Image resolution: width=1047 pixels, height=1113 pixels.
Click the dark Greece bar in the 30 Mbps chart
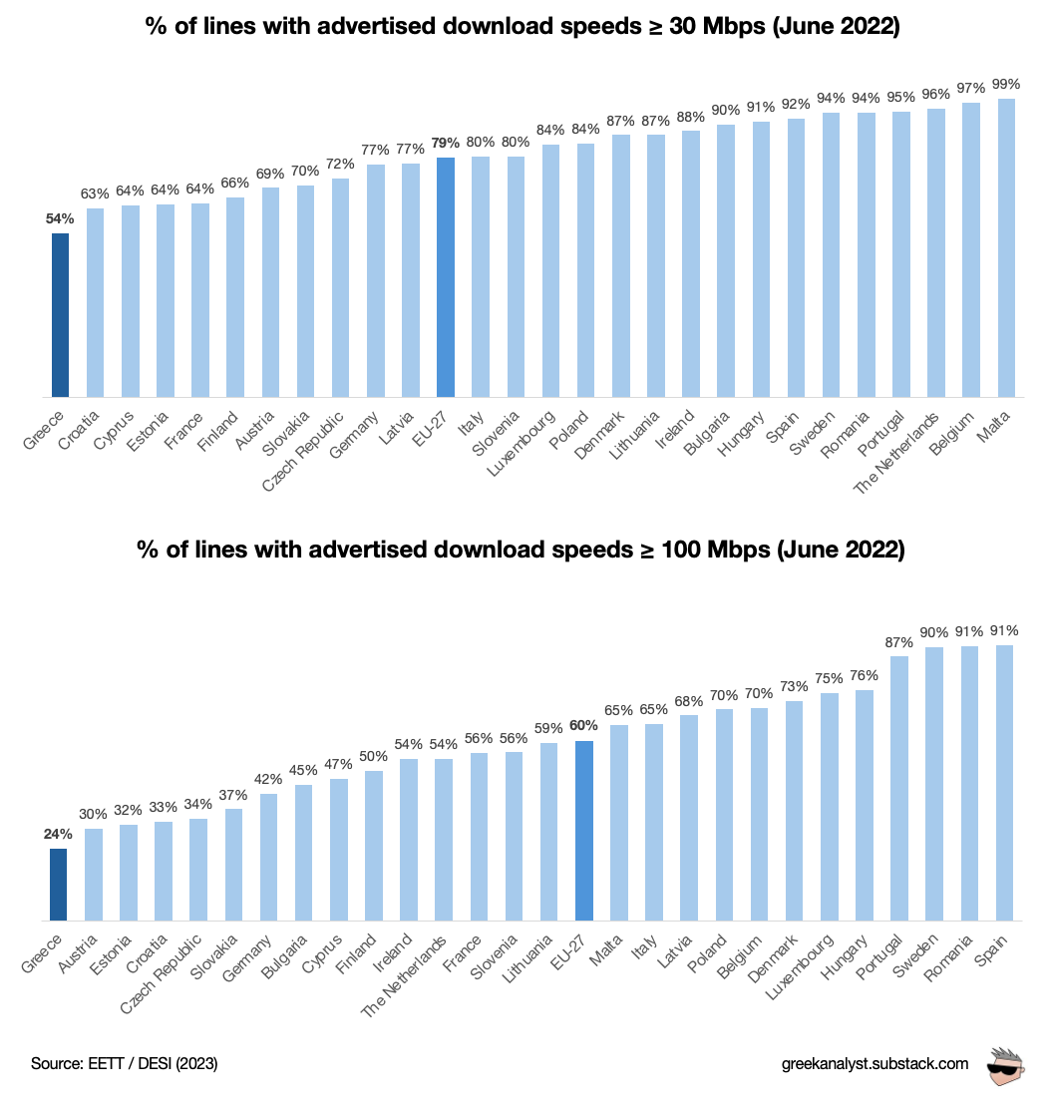60,315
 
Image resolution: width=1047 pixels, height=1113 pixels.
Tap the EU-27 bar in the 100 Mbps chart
584,830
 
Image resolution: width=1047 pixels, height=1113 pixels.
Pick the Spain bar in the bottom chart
1004,783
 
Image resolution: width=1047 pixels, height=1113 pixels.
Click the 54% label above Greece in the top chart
60,217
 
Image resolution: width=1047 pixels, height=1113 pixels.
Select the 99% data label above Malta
1006,84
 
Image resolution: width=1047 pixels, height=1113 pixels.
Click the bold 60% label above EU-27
584,726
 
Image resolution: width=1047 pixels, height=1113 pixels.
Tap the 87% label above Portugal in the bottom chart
898,641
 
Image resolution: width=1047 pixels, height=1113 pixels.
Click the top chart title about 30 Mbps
523,27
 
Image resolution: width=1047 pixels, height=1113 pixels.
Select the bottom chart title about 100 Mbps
523,550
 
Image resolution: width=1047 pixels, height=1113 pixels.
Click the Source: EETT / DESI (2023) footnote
125,1064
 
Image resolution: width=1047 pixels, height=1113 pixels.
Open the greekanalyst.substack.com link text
874,1064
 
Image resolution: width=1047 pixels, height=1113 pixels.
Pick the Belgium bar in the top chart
971,249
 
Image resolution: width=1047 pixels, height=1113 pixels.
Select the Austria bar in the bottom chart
94,874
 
